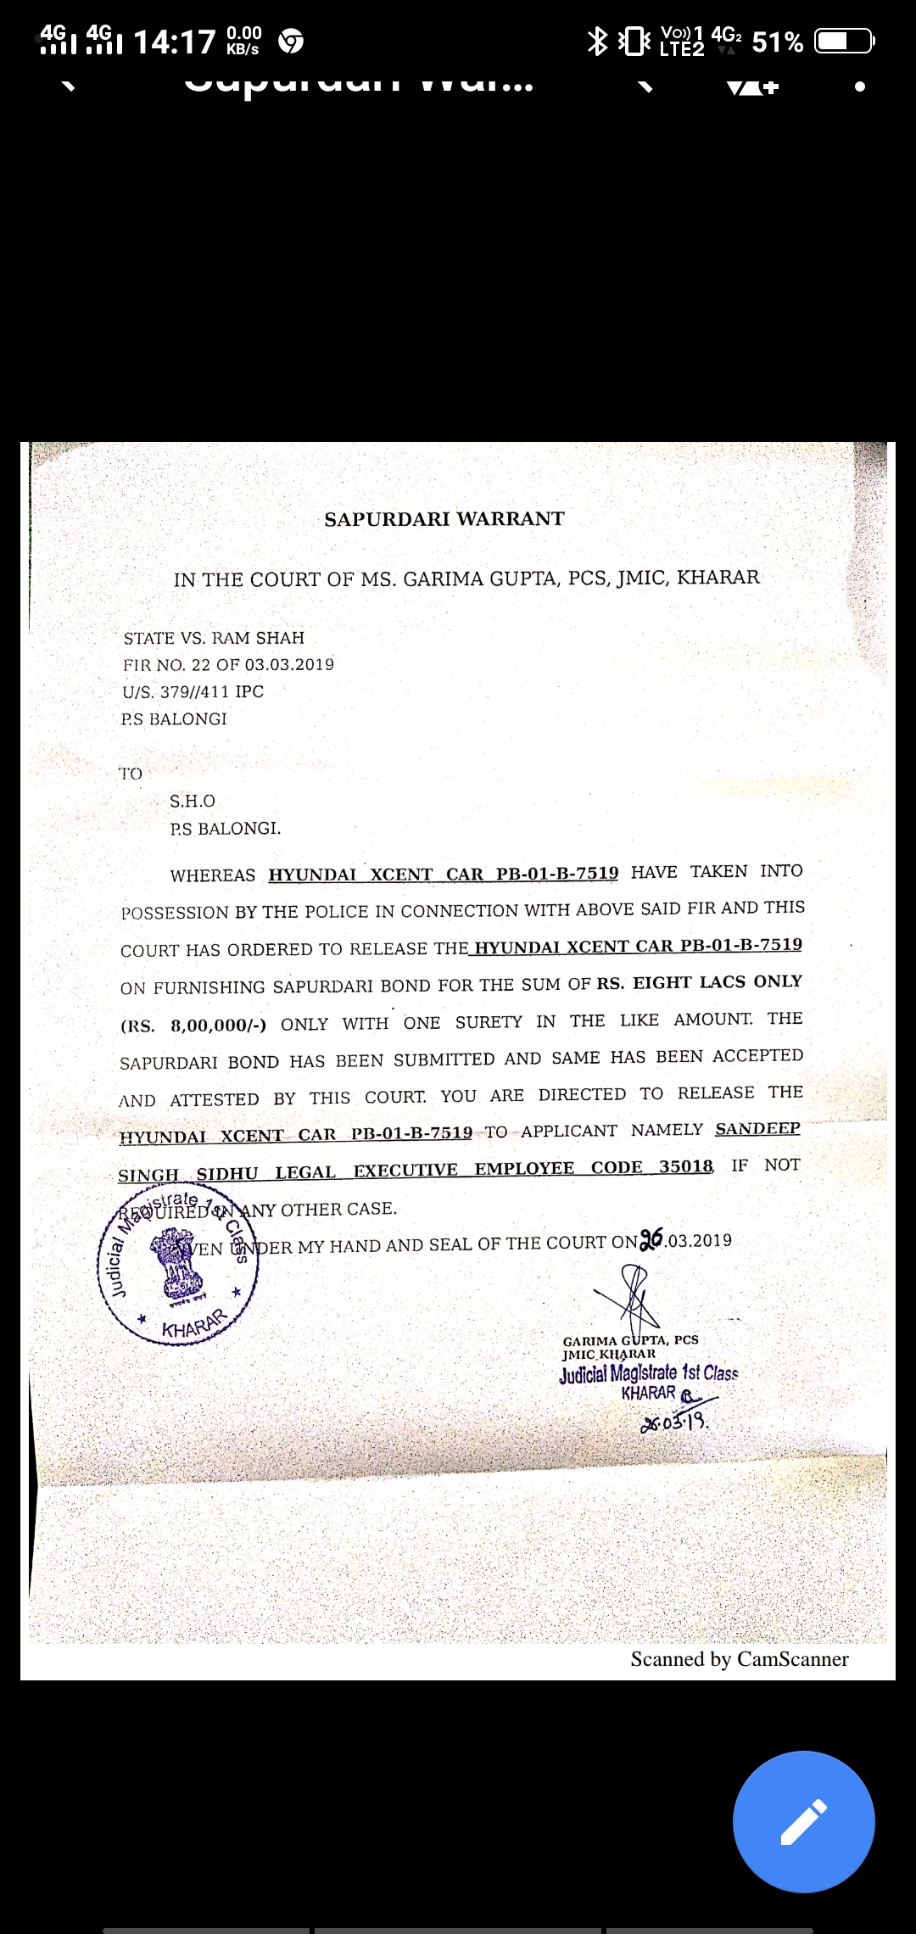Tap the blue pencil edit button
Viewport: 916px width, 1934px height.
coord(803,1821)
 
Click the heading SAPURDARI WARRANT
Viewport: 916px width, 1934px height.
coord(444,519)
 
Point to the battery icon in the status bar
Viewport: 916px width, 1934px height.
coord(844,41)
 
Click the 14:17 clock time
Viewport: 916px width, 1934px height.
coord(175,41)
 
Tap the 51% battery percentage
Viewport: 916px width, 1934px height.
coord(777,42)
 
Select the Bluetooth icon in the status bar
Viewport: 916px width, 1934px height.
coord(598,41)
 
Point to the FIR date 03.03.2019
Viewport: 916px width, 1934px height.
coord(289,664)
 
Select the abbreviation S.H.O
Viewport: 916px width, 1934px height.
coord(193,801)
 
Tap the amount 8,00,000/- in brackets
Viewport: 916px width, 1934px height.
coord(219,1025)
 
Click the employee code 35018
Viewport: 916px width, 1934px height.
coord(686,1166)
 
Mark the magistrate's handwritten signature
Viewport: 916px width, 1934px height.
coord(632,1296)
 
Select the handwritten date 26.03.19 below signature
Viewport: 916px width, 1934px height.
coord(675,1422)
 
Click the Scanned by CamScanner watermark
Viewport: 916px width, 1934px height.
coord(739,1659)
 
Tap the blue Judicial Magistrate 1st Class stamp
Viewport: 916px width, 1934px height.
coord(649,1373)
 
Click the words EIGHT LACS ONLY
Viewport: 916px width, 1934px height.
coord(718,981)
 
